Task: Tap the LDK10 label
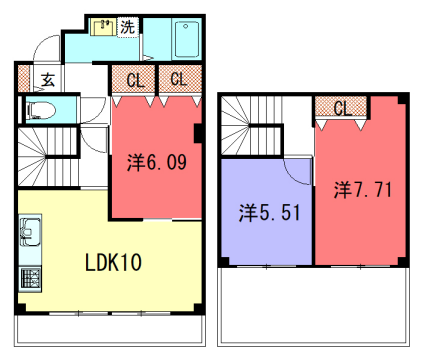[x=111, y=263]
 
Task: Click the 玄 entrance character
[x=47, y=81]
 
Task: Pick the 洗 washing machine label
[x=127, y=27]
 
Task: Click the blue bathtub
[x=187, y=40]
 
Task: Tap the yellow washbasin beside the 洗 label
[x=103, y=28]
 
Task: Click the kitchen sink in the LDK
[x=27, y=236]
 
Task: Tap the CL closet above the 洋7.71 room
[x=341, y=107]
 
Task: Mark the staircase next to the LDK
[x=42, y=156]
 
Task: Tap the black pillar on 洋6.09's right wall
[x=199, y=131]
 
